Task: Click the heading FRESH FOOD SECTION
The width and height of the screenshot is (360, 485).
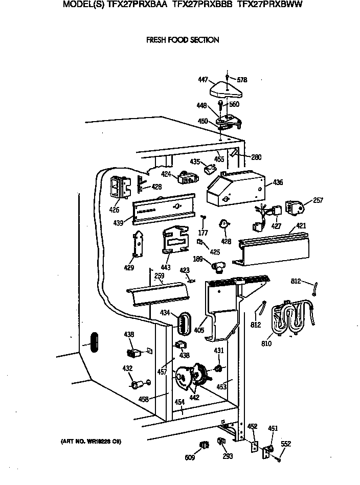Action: [x=183, y=40]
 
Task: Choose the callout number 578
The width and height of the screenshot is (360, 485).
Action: [x=242, y=80]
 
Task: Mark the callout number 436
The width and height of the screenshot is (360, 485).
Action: [x=278, y=182]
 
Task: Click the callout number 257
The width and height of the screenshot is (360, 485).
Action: [x=318, y=200]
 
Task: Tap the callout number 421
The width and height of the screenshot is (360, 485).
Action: [x=301, y=225]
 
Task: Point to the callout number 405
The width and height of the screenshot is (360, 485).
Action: [x=199, y=331]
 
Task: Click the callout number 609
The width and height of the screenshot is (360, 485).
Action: [x=189, y=457]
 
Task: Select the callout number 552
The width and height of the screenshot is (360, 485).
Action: [x=286, y=444]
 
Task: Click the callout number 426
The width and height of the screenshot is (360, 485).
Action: [x=114, y=210]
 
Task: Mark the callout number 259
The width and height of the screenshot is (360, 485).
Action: [x=160, y=276]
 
